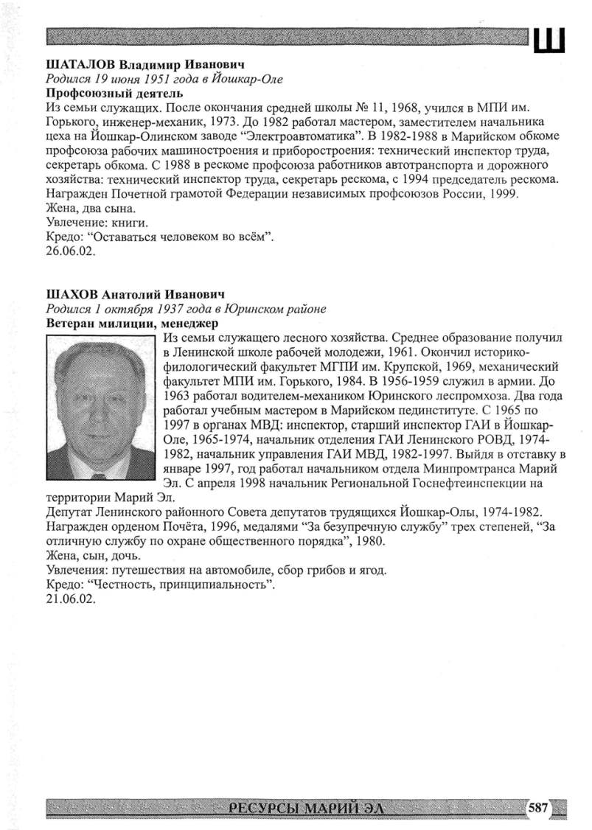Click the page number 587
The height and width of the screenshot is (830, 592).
(x=537, y=808)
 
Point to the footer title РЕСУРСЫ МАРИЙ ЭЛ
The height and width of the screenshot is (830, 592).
(x=305, y=809)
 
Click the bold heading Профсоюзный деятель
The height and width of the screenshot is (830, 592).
(x=114, y=94)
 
